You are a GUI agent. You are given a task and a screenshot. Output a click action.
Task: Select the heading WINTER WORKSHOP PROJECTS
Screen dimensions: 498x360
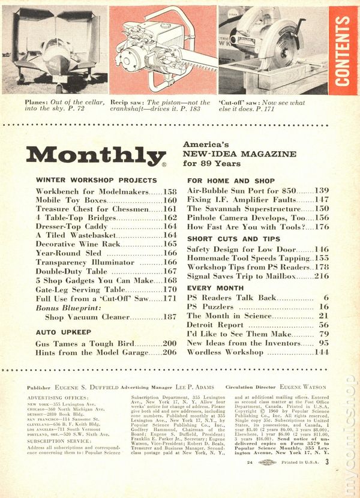[x=97, y=179]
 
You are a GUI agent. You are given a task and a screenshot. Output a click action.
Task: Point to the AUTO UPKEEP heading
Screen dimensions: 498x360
[x=64, y=331]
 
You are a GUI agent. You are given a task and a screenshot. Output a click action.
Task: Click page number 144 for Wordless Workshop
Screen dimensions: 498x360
[x=321, y=352]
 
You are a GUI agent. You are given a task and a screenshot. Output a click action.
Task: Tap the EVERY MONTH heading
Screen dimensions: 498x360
[x=214, y=287]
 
